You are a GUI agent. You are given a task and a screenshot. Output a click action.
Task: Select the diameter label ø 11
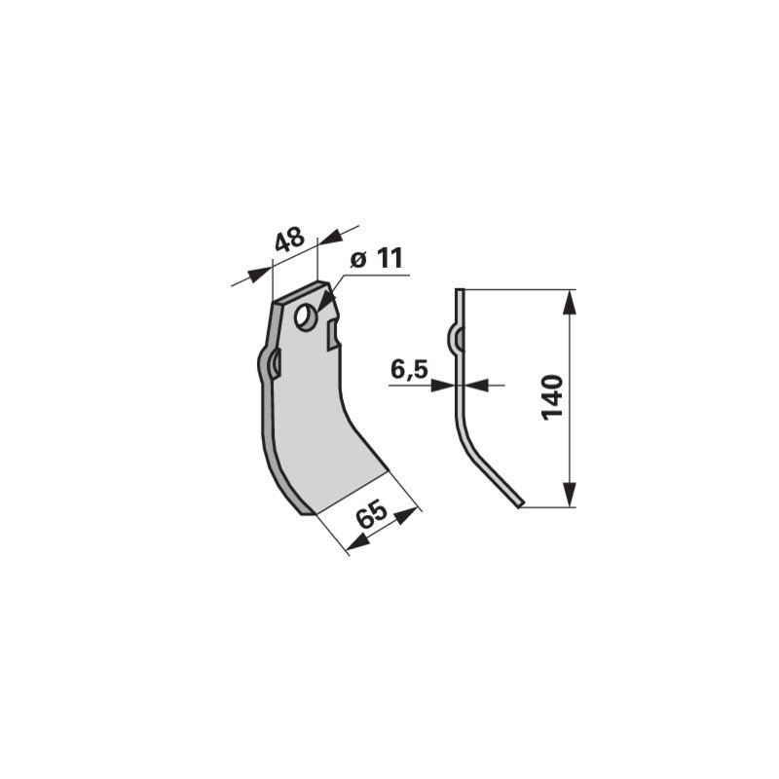point(376,259)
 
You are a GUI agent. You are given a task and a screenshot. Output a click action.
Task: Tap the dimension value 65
point(373,515)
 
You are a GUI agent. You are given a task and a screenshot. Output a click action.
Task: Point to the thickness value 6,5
point(409,370)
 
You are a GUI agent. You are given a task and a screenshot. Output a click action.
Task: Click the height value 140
point(553,398)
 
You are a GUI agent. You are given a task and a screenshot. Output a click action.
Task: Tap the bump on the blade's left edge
point(269,365)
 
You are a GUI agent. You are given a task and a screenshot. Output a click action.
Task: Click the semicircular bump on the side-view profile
point(454,339)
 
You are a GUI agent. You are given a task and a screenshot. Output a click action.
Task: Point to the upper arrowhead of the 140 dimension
point(570,303)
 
